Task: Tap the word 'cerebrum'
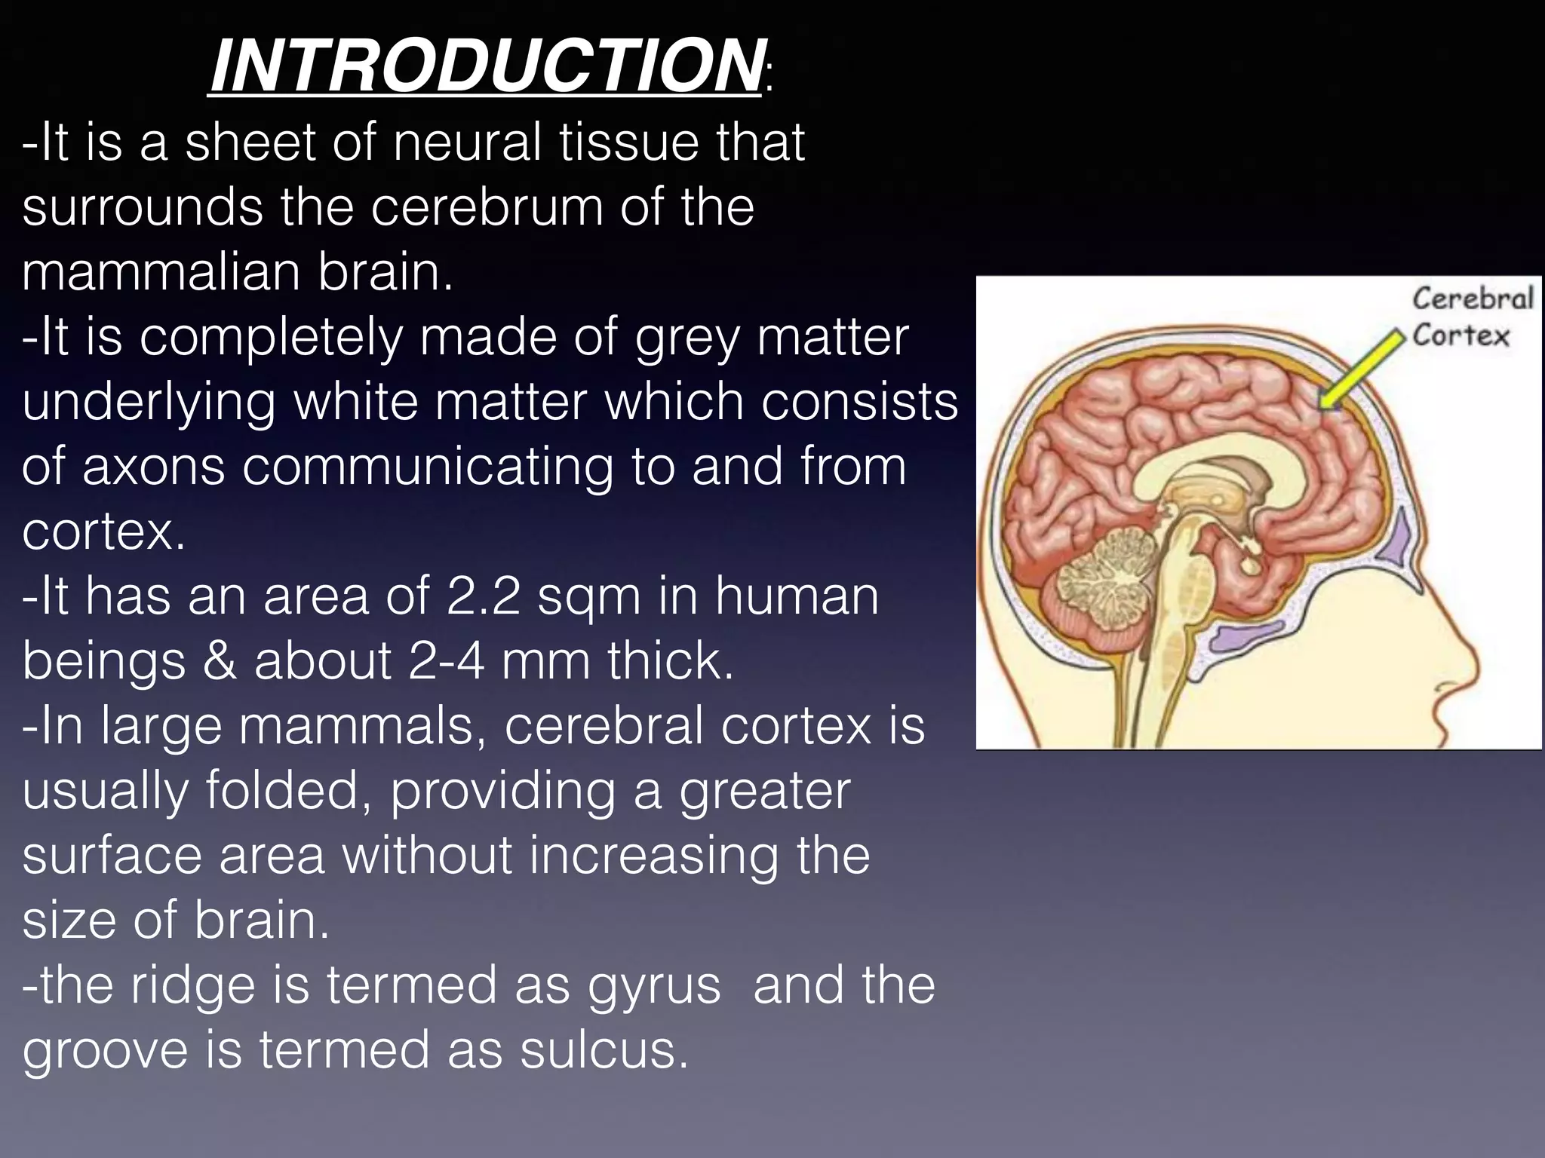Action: [x=487, y=207]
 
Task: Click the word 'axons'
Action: [x=154, y=467]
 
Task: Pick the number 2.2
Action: [x=484, y=596]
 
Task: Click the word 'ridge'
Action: [x=193, y=985]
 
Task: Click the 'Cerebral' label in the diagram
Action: [x=1473, y=299]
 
